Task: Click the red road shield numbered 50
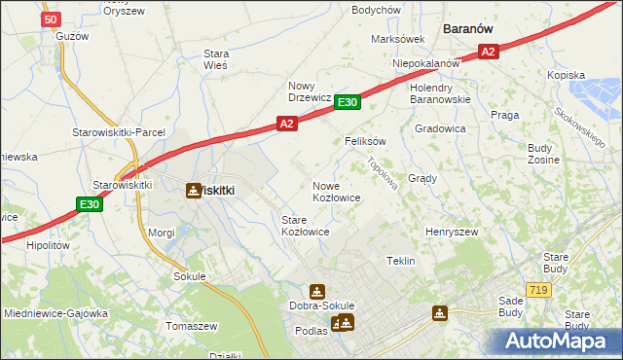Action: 53,18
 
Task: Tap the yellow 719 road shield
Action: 536,290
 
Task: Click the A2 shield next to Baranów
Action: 489,52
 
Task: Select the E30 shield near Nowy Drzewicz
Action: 348,102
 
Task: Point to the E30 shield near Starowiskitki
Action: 89,203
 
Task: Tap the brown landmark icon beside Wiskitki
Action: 194,191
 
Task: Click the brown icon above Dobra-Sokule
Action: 317,290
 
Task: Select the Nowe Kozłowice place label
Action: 337,192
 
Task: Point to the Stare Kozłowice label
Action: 305,226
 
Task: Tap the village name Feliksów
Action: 366,141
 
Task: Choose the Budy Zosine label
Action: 541,153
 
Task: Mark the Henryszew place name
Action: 452,233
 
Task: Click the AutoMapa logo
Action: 558,341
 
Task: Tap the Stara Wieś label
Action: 215,59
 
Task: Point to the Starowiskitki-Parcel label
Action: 120,132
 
